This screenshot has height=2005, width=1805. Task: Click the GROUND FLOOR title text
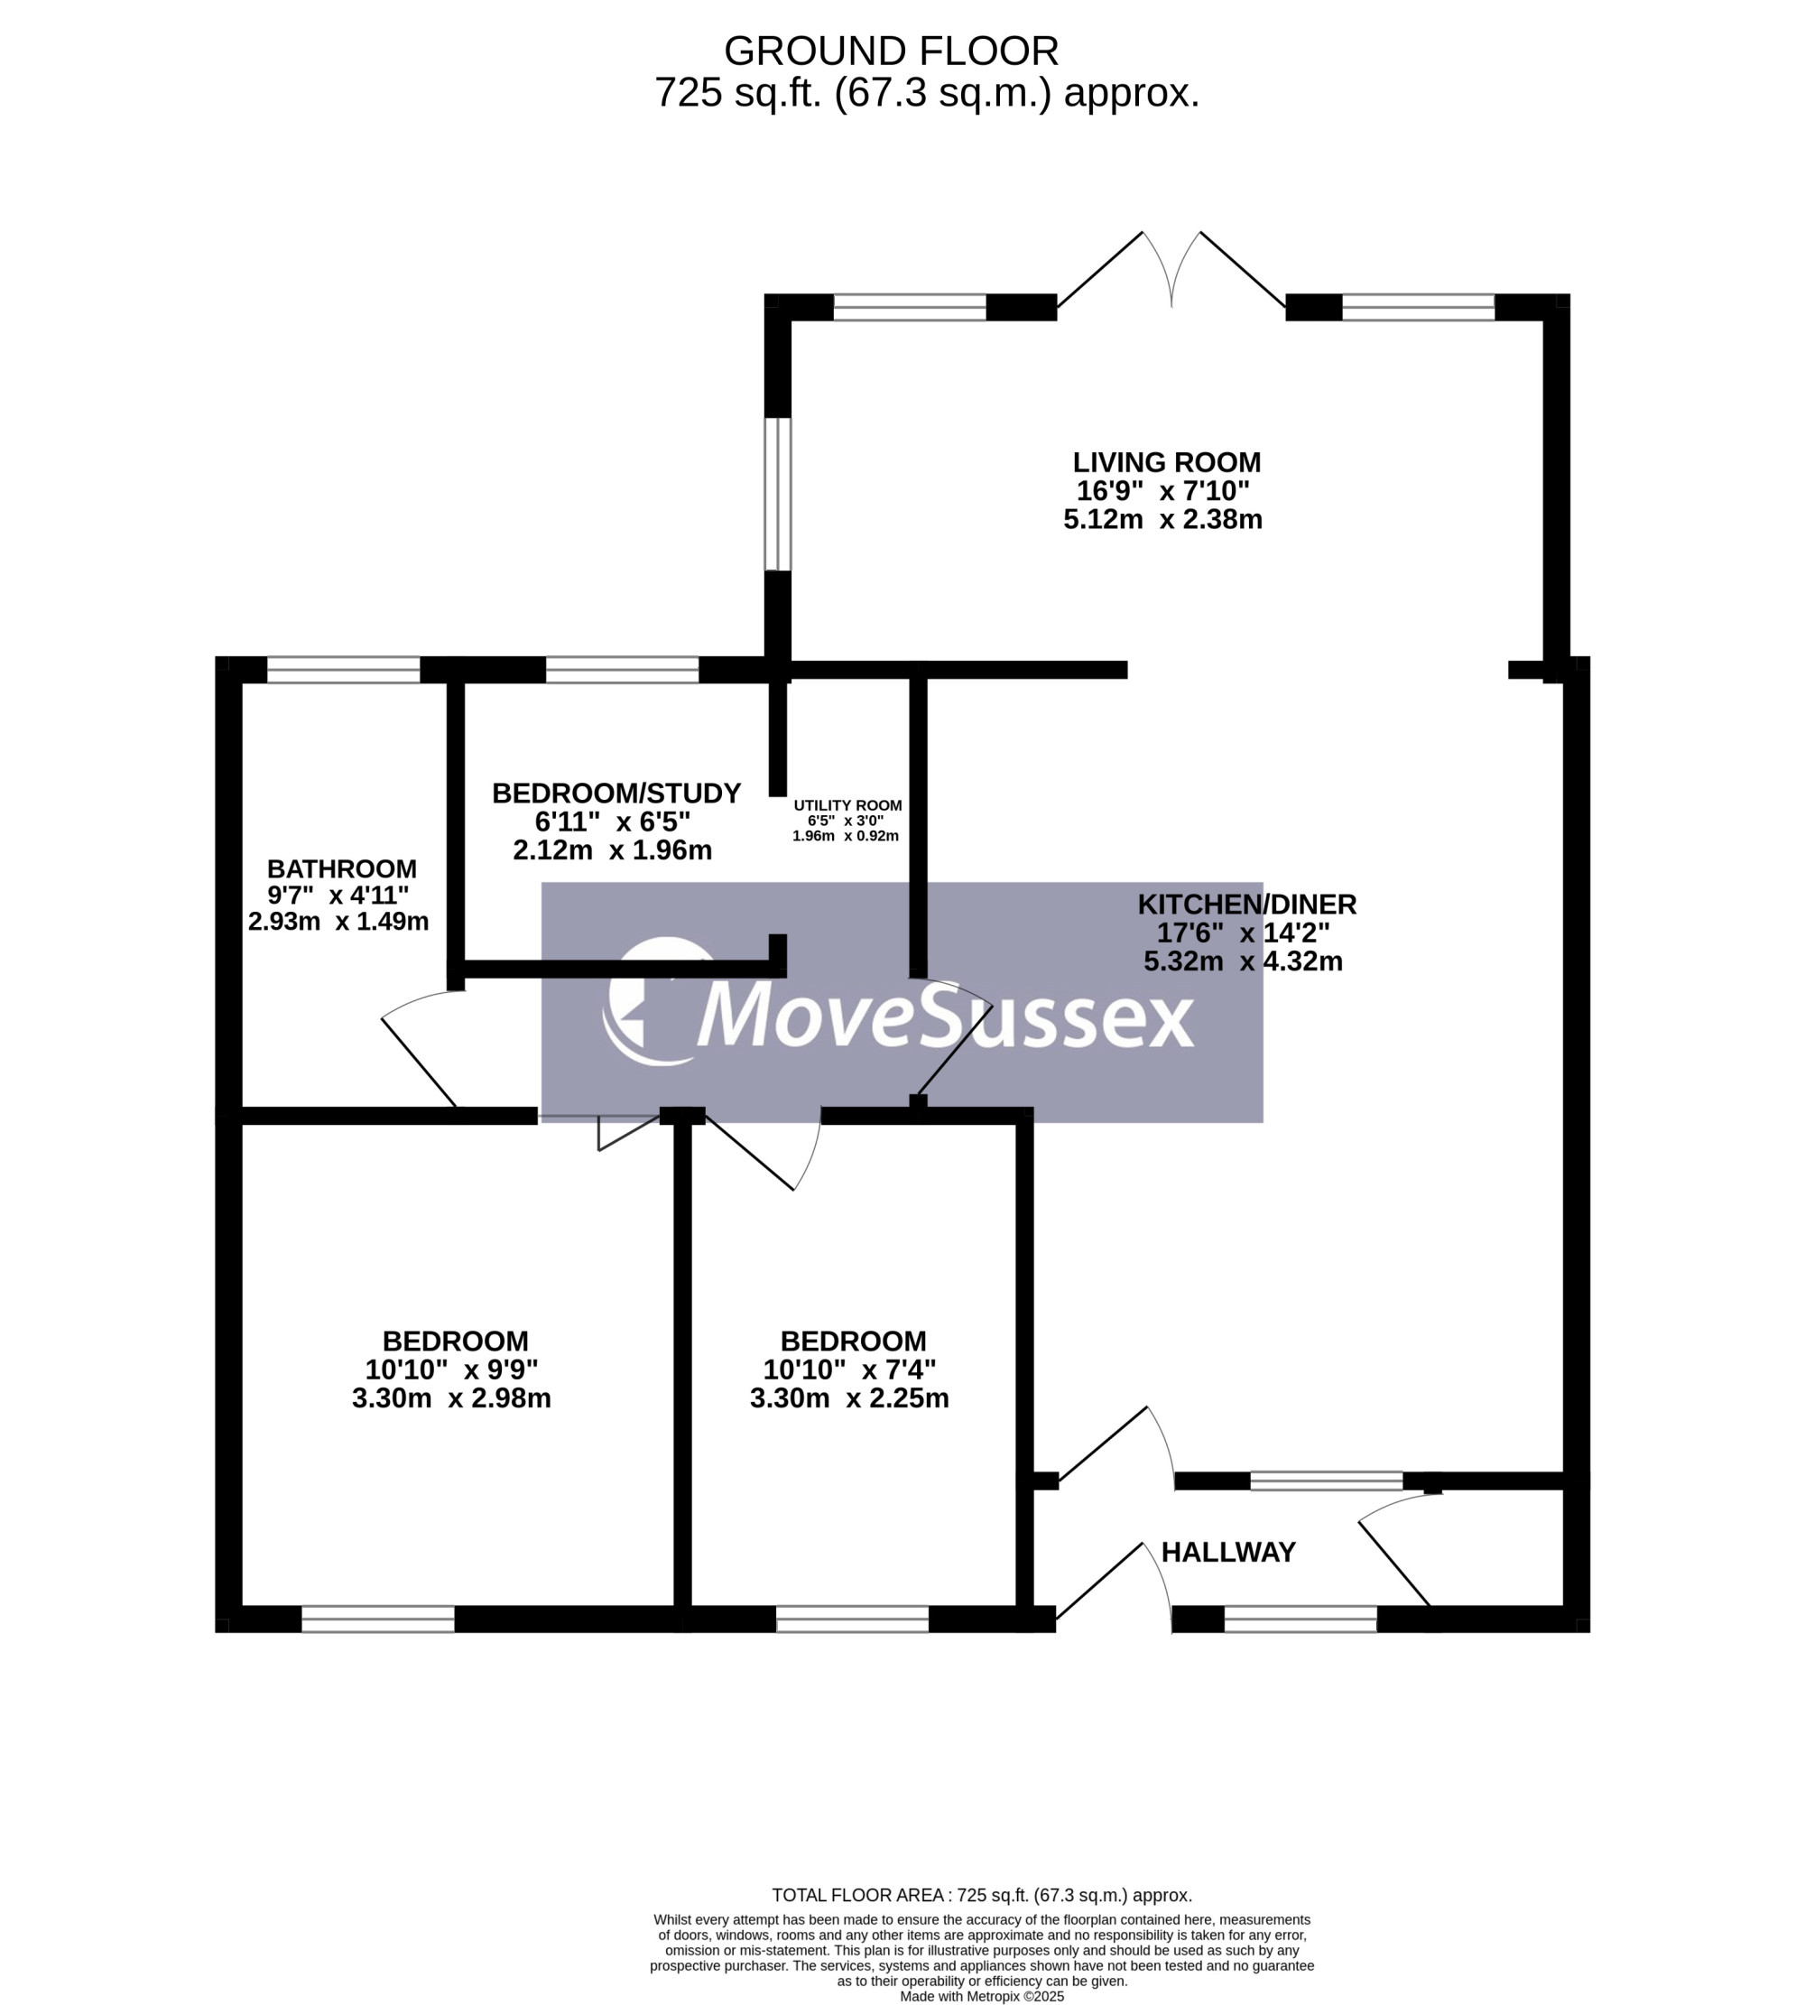point(891,51)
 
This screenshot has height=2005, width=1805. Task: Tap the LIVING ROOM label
point(1166,462)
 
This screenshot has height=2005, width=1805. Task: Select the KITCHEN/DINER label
point(1246,905)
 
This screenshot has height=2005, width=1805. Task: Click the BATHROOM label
point(341,869)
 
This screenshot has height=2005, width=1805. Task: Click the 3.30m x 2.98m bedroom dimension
point(451,1399)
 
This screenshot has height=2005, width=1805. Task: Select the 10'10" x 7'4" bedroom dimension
point(849,1370)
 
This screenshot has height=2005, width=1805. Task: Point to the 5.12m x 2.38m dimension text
point(1162,520)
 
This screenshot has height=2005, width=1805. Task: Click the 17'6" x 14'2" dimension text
point(1243,933)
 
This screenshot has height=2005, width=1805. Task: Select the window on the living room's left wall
point(778,494)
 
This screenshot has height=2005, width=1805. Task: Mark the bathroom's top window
point(344,670)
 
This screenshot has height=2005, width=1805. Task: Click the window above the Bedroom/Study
point(623,670)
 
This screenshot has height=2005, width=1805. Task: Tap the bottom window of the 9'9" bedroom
point(378,1620)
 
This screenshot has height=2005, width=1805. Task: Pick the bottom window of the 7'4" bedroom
point(852,1620)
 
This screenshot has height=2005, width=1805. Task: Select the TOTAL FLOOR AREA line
point(982,1896)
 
